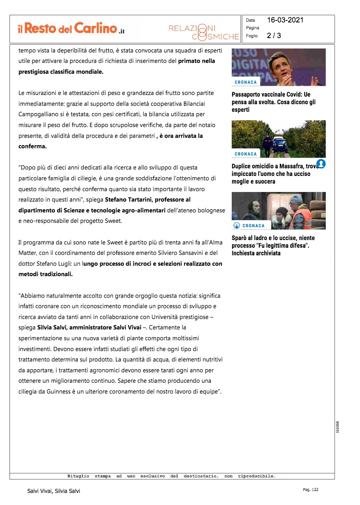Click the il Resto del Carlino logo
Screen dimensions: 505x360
(71, 28)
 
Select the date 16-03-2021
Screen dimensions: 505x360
(285, 20)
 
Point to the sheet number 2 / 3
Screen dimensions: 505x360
(274, 36)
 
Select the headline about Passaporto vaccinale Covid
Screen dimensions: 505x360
(274, 102)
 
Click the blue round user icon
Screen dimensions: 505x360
(321, 164)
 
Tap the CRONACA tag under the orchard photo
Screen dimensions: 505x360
(246, 154)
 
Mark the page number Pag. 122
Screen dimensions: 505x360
(310, 489)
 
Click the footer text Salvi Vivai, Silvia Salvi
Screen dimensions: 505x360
(54, 491)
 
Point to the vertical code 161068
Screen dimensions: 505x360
(338, 427)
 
